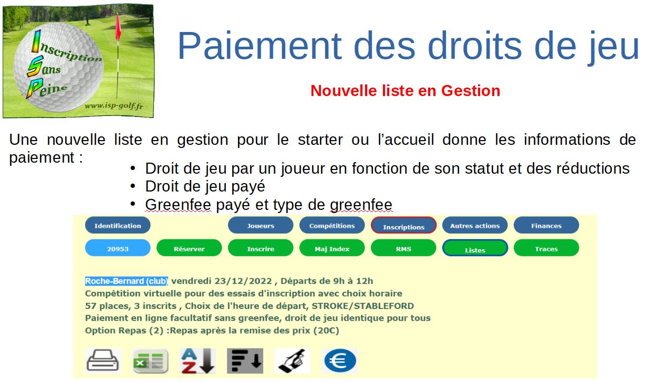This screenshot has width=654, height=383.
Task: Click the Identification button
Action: point(118,225)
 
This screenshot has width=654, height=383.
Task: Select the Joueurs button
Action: point(261,225)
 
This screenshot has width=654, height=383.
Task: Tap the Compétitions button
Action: point(332,225)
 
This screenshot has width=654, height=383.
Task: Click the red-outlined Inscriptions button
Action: point(403,225)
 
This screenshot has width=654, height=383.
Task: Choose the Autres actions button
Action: point(475,225)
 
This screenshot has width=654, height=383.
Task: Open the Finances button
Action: point(546,225)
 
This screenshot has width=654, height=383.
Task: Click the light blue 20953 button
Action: point(118,248)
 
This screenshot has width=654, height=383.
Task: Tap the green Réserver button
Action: point(189,248)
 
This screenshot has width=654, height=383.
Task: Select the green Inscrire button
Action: point(261,248)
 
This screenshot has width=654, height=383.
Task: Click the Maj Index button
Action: point(332,248)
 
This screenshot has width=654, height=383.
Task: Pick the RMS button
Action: point(403,248)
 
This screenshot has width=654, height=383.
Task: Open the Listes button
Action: point(475,248)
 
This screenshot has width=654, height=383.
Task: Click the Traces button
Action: point(546,248)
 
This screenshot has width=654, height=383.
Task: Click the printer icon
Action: point(103,361)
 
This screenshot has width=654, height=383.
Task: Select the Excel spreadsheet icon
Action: point(150,361)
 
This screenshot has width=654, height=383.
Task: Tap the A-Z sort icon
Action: point(198,361)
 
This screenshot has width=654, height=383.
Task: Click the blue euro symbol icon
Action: point(340,361)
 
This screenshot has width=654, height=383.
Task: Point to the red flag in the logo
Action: point(118,28)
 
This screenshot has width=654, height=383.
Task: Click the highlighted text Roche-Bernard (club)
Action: point(127,281)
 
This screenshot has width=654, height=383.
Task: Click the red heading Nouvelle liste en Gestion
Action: point(405,91)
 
